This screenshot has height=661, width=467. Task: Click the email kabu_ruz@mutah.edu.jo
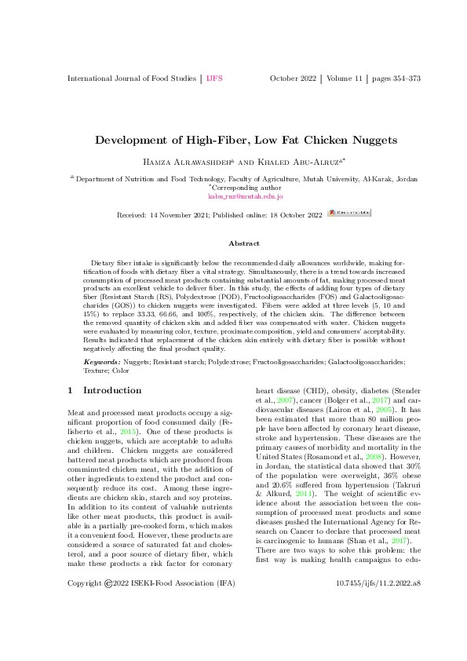233,197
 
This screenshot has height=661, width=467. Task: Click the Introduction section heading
112,390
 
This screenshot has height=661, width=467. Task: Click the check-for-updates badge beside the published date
349,213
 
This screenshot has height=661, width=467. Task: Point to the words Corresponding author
235,188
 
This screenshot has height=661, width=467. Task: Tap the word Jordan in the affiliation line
407,179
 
